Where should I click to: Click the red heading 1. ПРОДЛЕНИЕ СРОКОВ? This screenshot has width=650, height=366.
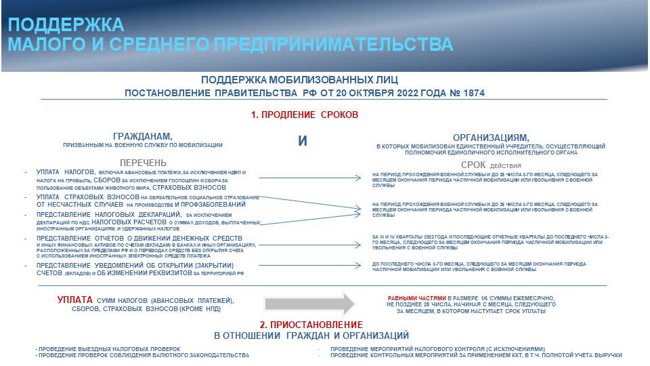point(304,115)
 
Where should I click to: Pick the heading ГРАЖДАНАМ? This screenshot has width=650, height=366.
point(143,136)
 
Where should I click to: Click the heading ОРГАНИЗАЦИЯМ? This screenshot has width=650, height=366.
point(491,136)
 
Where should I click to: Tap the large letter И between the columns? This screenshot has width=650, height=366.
point(303,141)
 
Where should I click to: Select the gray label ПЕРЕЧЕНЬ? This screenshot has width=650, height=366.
point(143,163)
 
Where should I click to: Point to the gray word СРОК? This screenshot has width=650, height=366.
point(475,165)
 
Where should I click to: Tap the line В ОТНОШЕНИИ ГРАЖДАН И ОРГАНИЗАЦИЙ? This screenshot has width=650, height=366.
point(311,335)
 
